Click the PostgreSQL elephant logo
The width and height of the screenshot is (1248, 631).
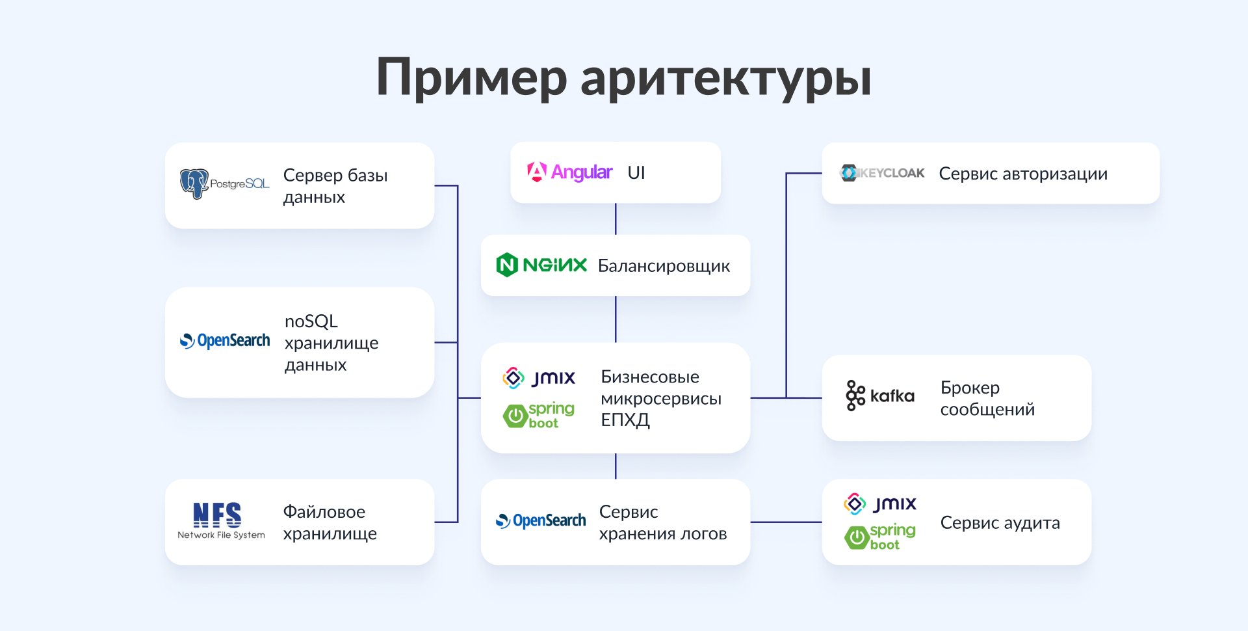(194, 184)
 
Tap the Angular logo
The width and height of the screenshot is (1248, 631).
(569, 172)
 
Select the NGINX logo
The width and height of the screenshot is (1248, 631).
(541, 265)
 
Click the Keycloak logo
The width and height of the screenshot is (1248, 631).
(882, 173)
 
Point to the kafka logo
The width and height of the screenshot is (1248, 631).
(880, 396)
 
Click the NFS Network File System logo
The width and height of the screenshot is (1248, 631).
(221, 520)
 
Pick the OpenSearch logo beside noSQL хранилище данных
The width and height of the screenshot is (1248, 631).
(224, 341)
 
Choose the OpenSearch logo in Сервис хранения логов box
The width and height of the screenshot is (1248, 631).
(541, 521)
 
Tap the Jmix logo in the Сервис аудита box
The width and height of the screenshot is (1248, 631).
(880, 503)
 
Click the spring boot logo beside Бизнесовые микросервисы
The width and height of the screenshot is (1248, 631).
(539, 415)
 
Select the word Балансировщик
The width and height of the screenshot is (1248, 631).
(664, 266)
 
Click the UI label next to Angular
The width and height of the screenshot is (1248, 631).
(636, 172)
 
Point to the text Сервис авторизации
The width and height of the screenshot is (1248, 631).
(1023, 174)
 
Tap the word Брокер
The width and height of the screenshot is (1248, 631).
(970, 388)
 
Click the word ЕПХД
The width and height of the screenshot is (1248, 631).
(625, 420)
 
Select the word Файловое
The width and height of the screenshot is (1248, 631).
(324, 512)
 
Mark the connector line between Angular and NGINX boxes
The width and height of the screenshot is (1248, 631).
(616, 219)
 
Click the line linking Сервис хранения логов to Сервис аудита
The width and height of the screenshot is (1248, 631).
(786, 522)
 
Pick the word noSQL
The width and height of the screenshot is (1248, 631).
(311, 321)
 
